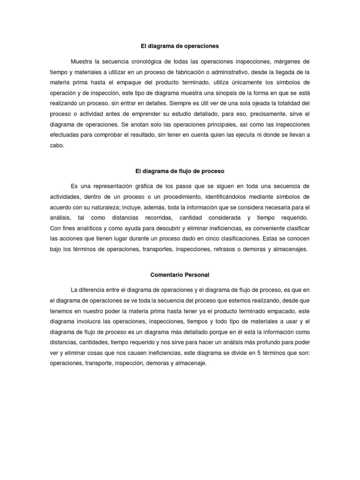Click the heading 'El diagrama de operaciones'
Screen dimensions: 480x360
point(180,46)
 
